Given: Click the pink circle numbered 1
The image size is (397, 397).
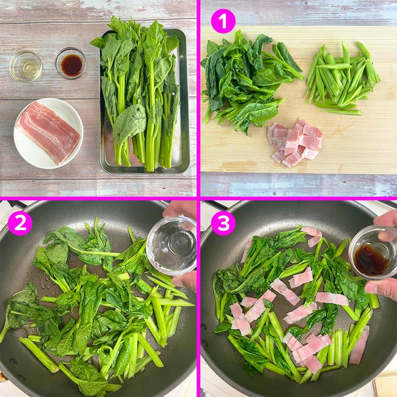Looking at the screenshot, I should pos(223,21).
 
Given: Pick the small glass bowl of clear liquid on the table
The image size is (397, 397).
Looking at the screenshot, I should pos(26,66).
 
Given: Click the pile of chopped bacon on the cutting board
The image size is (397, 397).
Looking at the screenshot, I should pos(295,142).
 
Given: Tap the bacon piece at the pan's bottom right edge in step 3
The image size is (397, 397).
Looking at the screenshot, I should pos(358,346).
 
